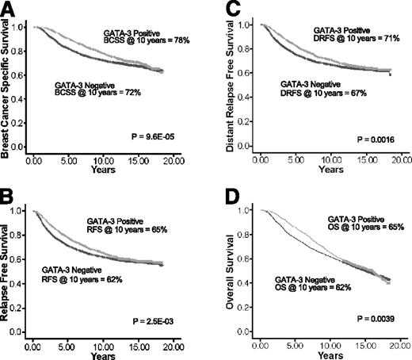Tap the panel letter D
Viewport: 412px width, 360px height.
224,192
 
